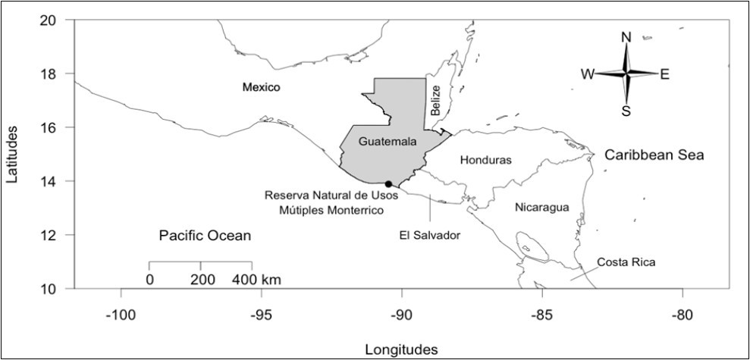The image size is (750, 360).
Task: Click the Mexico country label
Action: [261, 88]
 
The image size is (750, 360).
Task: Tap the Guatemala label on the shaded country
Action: [388, 142]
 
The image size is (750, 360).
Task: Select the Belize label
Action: [436, 100]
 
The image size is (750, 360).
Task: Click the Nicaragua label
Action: [541, 207]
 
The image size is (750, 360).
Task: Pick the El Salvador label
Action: [430, 236]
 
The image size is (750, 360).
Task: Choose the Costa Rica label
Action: [626, 263]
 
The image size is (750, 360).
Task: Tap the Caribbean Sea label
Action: [654, 155]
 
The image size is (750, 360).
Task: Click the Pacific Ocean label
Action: [205, 236]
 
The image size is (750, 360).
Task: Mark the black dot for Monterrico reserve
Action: [388, 184]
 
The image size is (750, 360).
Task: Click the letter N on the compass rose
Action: [626, 37]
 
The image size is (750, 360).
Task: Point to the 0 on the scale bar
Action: [150, 279]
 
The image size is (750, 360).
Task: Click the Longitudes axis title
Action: [401, 349]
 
